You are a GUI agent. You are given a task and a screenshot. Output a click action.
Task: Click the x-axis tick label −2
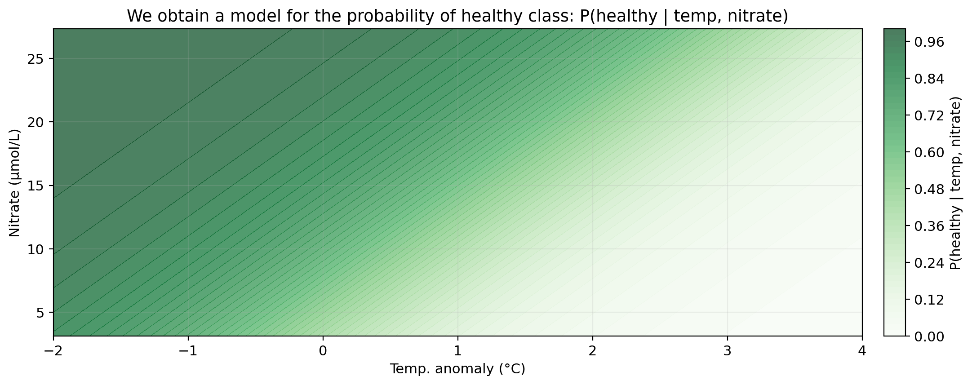tap(53, 350)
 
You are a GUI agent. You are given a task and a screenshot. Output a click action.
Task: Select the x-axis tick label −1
tap(188, 350)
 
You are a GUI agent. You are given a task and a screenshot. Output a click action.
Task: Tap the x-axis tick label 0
tap(323, 350)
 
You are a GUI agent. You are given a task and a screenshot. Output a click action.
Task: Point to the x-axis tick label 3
tap(727, 350)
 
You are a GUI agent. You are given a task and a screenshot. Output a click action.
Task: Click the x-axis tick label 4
tap(862, 350)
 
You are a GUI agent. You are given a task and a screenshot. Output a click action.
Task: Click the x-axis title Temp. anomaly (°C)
tap(457, 369)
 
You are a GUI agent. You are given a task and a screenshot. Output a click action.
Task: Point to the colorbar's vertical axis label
tap(956, 182)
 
